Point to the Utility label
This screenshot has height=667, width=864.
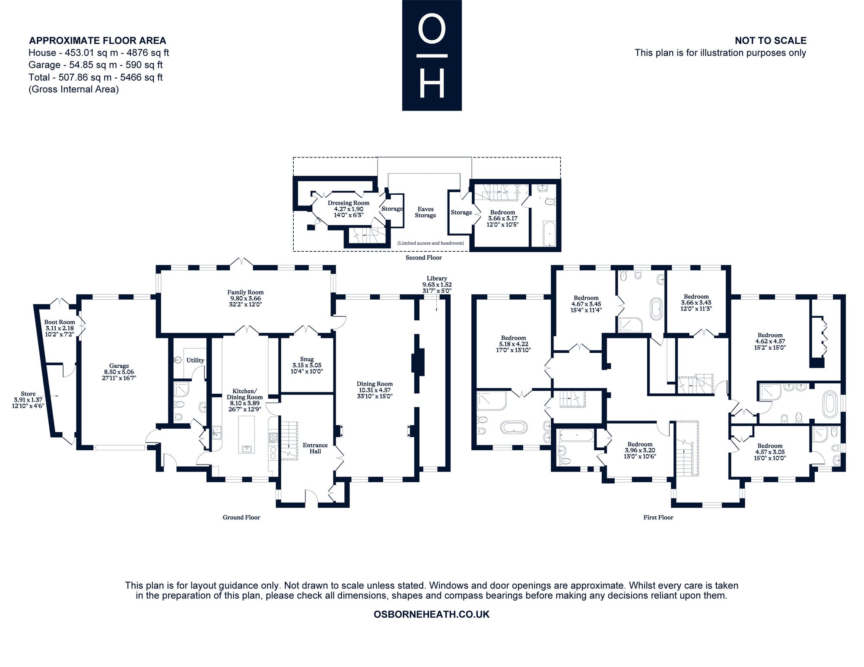coord(195,360)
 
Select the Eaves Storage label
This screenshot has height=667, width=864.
coord(426,212)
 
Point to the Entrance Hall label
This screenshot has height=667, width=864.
coord(315,448)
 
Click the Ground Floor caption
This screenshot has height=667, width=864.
coord(241,517)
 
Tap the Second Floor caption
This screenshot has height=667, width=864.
coord(424,258)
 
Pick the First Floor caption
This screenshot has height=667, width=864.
coord(658,517)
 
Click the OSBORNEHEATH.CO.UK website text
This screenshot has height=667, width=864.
coord(432,614)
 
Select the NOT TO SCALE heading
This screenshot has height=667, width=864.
coord(771,41)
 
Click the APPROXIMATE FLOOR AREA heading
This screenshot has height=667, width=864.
coord(98,41)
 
